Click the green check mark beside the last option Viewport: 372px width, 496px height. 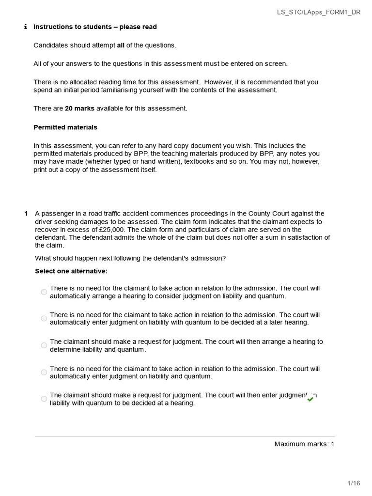(x=310, y=399)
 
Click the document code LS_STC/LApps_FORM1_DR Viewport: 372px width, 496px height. (x=315, y=12)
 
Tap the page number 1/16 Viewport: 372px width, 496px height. (x=354, y=483)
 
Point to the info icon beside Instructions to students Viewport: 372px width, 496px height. (x=25, y=27)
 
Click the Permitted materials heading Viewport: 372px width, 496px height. (x=65, y=127)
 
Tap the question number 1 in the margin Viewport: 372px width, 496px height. (x=26, y=214)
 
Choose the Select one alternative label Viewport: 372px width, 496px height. (x=71, y=271)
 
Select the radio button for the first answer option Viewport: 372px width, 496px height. (x=44, y=292)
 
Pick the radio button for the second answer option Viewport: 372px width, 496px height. (x=44, y=319)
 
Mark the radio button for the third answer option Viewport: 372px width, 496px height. (x=44, y=345)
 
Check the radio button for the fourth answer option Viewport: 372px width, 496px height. (x=44, y=372)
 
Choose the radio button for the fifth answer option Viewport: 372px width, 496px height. (x=44, y=399)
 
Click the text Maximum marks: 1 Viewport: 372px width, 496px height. (x=304, y=444)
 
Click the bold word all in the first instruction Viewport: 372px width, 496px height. (x=121, y=46)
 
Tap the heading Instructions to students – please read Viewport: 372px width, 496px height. (x=95, y=27)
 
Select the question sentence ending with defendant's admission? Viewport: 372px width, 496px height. (x=130, y=258)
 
